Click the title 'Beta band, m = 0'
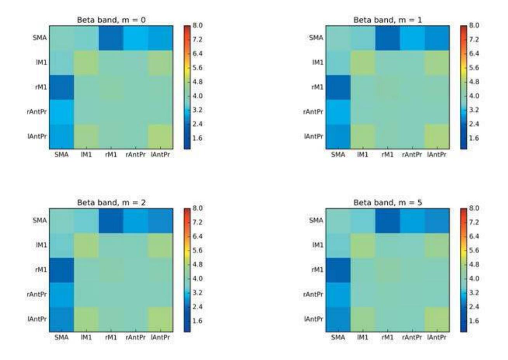pyautogui.click(x=111, y=20)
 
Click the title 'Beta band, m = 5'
pyautogui.click(x=387, y=203)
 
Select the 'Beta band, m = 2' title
pyautogui.click(x=111, y=203)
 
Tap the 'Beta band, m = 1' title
pyautogui.click(x=387, y=20)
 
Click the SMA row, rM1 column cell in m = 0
pyautogui.click(x=111, y=38)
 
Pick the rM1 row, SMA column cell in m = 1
pyautogui.click(x=338, y=87)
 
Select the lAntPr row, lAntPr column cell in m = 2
pyautogui.click(x=160, y=319)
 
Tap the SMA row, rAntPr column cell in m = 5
pyautogui.click(x=412, y=221)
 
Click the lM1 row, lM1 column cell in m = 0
pyautogui.click(x=86, y=62)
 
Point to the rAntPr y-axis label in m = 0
pyautogui.click(x=37, y=112)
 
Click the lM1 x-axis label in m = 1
pyautogui.click(x=362, y=155)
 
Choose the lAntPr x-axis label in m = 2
pyautogui.click(x=160, y=337)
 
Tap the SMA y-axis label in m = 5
pyautogui.click(x=316, y=221)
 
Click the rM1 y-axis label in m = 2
pyautogui.click(x=41, y=270)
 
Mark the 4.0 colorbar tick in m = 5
pyautogui.click(x=475, y=279)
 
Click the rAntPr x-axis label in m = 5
pyautogui.click(x=412, y=337)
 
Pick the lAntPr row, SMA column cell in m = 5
pyautogui.click(x=338, y=319)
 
